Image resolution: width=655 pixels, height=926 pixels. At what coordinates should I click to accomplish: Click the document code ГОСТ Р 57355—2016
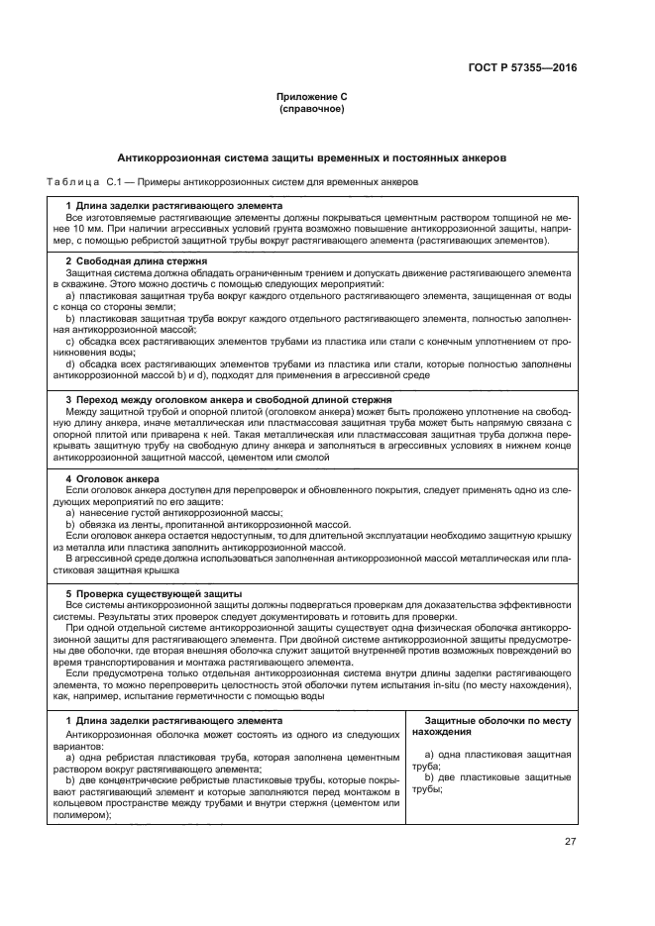pyautogui.click(x=522, y=68)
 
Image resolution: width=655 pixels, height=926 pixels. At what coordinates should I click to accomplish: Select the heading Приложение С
pyautogui.click(x=312, y=97)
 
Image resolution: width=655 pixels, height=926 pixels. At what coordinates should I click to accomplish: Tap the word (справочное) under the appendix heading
pyautogui.click(x=312, y=109)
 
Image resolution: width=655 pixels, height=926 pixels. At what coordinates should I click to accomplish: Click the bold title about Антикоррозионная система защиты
pyautogui.click(x=312, y=156)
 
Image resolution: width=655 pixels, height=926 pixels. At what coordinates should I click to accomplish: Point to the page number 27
pyautogui.click(x=569, y=842)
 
